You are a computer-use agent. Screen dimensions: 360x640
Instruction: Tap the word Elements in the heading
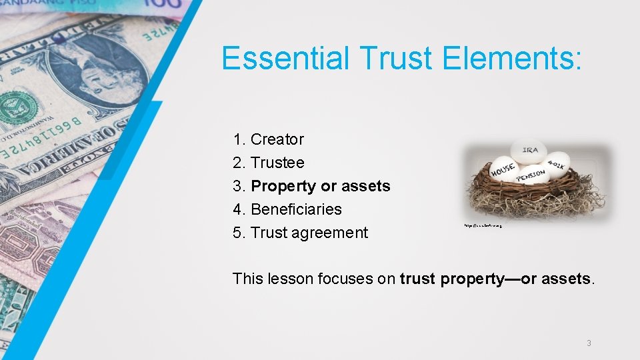coord(513,58)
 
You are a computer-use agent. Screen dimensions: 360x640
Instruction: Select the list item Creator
coord(277,139)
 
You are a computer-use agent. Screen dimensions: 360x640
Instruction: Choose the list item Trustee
coord(277,163)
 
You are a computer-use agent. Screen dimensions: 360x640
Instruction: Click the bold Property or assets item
coord(321,186)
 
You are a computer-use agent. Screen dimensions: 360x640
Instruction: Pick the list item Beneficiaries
coord(296,209)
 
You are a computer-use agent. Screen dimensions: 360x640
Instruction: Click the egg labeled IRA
coord(529,151)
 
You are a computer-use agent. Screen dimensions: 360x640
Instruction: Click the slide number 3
coord(589,343)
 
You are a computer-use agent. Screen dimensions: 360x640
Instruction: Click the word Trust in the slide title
coord(397,58)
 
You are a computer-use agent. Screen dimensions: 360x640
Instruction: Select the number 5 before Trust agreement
coord(238,233)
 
